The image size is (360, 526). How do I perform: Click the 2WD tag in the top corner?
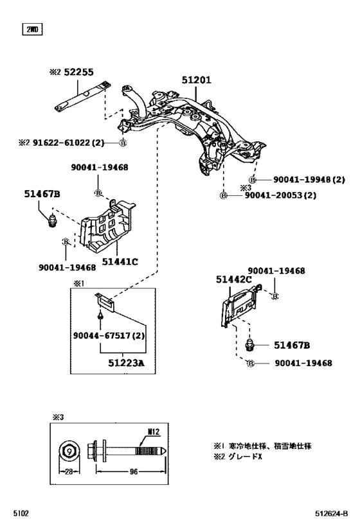tap(32, 28)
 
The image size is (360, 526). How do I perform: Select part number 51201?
tap(196, 80)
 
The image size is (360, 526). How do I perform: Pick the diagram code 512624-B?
tap(334, 514)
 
